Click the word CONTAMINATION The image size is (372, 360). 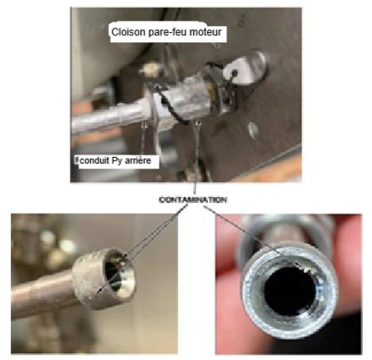click(x=193, y=199)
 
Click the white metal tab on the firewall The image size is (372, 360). click(x=245, y=68)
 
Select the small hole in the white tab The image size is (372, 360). click(x=234, y=72)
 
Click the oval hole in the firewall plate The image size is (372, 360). click(x=253, y=130)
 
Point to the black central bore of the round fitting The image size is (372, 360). click(x=290, y=291)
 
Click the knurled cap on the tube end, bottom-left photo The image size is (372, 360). click(x=104, y=278)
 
